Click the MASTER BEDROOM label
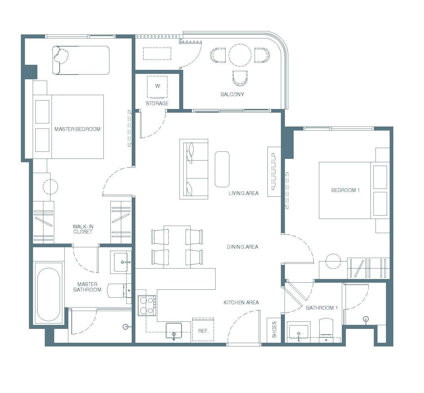click(77, 129)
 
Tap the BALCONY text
click(232, 94)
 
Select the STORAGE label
click(157, 104)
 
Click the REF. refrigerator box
click(203, 330)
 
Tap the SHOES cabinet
click(274, 330)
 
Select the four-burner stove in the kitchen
click(147, 306)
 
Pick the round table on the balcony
click(240, 55)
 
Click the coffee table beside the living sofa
click(222, 169)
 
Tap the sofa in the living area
click(194, 169)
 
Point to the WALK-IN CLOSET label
click(83, 229)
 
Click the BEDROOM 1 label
click(346, 190)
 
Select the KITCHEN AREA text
click(241, 303)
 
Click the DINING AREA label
click(242, 247)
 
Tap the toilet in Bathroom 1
click(326, 330)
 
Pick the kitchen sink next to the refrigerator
click(174, 331)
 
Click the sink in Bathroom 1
click(298, 331)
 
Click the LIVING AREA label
click(243, 193)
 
